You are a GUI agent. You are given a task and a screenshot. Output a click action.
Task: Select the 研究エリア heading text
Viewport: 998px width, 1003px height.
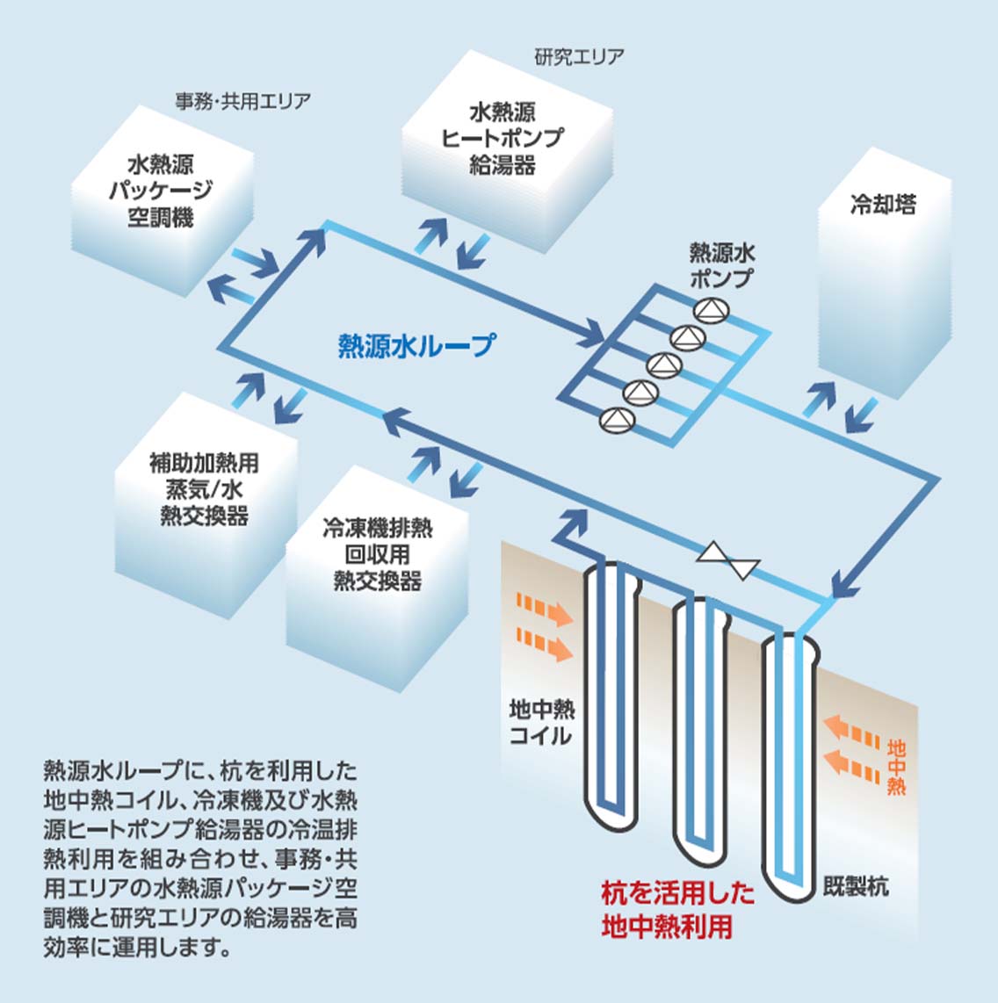coord(579,57)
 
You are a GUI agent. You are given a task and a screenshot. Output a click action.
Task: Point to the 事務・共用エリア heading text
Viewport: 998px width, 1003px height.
coord(242,101)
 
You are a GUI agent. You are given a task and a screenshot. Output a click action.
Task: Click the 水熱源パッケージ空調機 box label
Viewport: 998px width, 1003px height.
coord(161,191)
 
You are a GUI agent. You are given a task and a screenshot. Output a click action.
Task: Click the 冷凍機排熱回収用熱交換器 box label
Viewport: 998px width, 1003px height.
coord(378,554)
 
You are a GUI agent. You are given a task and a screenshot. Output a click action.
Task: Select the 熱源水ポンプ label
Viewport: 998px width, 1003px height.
coord(721,266)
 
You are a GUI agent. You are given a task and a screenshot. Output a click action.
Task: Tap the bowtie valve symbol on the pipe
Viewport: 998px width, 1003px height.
coord(727,559)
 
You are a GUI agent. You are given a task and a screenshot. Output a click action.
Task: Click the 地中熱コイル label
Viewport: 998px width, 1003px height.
coord(541,721)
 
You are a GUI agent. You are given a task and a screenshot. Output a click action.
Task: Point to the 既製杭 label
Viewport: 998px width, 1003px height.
coord(856,886)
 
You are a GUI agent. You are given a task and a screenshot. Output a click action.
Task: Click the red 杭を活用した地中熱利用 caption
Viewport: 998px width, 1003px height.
coord(677,911)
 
